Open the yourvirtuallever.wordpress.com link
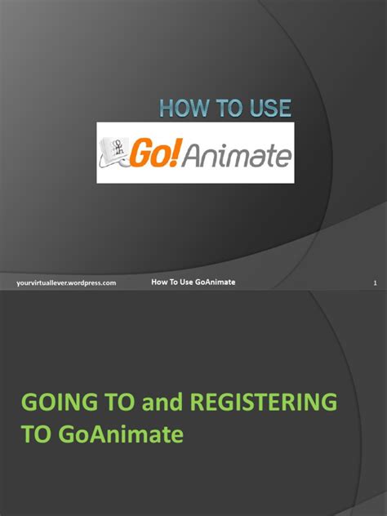pyautogui.click(x=66, y=282)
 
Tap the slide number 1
pyautogui.click(x=373, y=282)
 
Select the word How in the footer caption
pyautogui.click(x=160, y=282)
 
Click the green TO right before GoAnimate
pyautogui.click(x=37, y=434)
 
